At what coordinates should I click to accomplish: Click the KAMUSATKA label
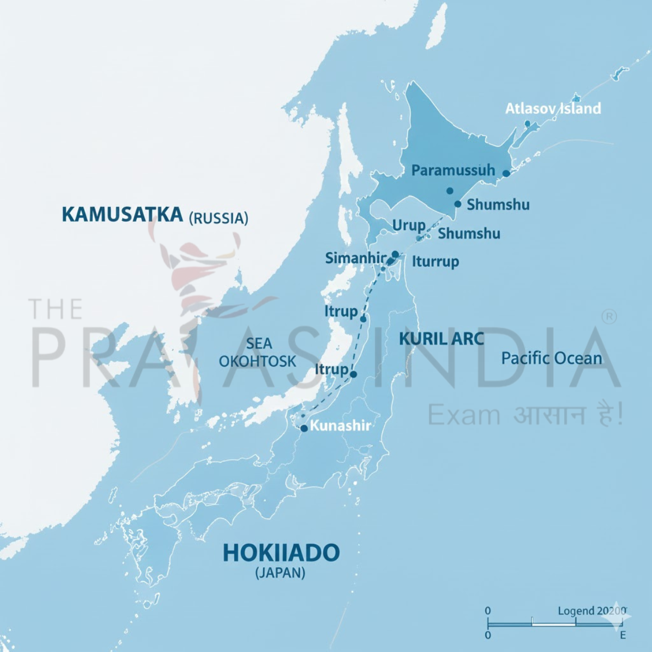tap(122, 214)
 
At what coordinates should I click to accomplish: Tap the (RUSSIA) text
tap(218, 218)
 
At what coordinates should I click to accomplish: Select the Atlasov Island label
tap(553, 109)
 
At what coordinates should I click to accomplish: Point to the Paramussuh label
tap(453, 170)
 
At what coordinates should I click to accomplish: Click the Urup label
tap(409, 225)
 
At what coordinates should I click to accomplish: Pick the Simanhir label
tap(355, 258)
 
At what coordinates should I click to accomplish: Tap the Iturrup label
tap(435, 261)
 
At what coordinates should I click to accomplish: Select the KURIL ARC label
tap(441, 339)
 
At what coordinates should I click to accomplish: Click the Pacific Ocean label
tap(551, 359)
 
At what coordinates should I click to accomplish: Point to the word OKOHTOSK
tap(258, 361)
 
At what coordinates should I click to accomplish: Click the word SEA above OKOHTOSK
tap(259, 343)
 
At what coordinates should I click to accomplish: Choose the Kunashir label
tap(340, 425)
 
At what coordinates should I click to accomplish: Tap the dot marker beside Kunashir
tap(304, 428)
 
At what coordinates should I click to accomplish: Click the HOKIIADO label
tap(281, 553)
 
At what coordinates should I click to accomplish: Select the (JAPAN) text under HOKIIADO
tap(280, 573)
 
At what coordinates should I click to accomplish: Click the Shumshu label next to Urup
tap(469, 234)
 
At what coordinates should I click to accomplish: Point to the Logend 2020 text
tap(592, 611)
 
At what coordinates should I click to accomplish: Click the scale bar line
tap(554, 624)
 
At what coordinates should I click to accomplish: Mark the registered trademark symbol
tap(610, 317)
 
